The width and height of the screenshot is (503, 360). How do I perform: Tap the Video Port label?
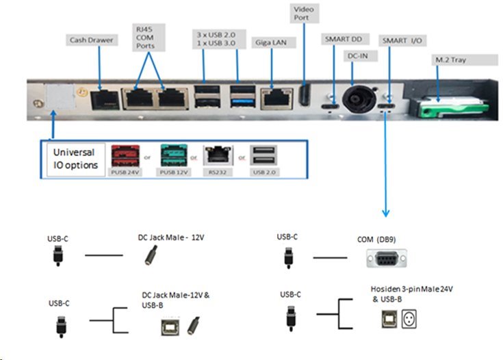302,14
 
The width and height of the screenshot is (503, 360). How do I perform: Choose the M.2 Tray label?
451,62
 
